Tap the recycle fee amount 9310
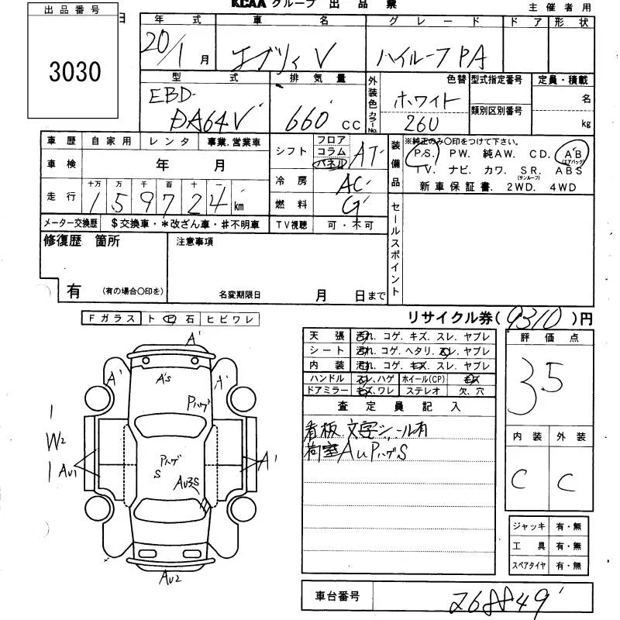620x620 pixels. point(532,318)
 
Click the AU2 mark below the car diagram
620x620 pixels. point(171,577)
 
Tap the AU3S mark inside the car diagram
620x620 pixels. point(188,482)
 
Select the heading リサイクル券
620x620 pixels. point(447,318)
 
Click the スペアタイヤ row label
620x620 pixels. point(530,567)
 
